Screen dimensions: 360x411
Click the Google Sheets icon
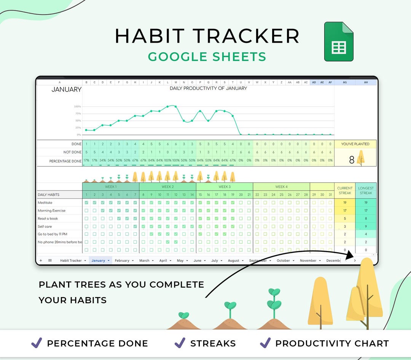(x=339, y=42)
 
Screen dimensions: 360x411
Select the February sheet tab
(x=122, y=261)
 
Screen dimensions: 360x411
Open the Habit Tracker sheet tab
(x=71, y=261)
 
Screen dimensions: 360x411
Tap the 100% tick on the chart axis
(x=78, y=107)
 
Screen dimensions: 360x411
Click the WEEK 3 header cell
(x=225, y=187)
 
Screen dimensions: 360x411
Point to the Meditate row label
(x=45, y=203)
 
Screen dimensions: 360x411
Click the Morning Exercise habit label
(x=52, y=211)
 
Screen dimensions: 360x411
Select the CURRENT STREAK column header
(x=345, y=190)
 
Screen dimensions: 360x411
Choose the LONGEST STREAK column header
(x=366, y=190)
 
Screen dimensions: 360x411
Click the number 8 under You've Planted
(x=352, y=160)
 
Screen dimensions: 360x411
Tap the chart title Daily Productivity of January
(x=208, y=88)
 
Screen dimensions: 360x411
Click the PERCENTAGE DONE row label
(x=65, y=161)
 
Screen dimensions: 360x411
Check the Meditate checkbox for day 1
(x=86, y=203)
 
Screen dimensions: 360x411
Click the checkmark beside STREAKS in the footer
(x=180, y=343)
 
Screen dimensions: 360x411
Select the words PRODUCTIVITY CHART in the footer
(x=332, y=343)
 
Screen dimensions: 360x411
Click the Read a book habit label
(x=48, y=219)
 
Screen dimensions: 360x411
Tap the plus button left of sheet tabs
(x=41, y=261)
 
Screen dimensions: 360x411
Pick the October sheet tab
(x=283, y=261)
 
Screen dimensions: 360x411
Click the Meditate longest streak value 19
(x=366, y=203)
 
